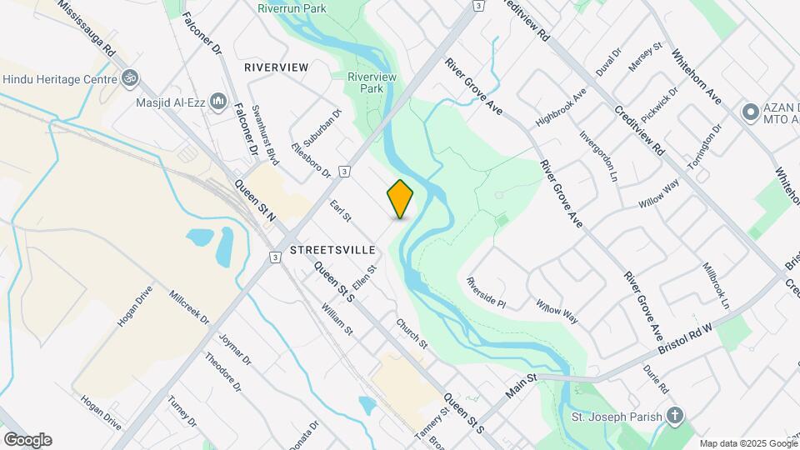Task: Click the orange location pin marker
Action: [x=401, y=198]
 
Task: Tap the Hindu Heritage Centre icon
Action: [x=128, y=79]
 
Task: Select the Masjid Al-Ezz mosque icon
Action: [x=218, y=102]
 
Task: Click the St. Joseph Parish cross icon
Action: [x=675, y=416]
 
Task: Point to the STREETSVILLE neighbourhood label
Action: [x=332, y=250]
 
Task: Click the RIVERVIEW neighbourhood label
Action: [x=276, y=67]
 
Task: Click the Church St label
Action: [x=412, y=333]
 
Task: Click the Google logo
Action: [x=27, y=440]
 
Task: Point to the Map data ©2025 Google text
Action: [x=747, y=443]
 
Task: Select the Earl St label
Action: [x=342, y=210]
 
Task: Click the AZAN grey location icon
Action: [x=749, y=111]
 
